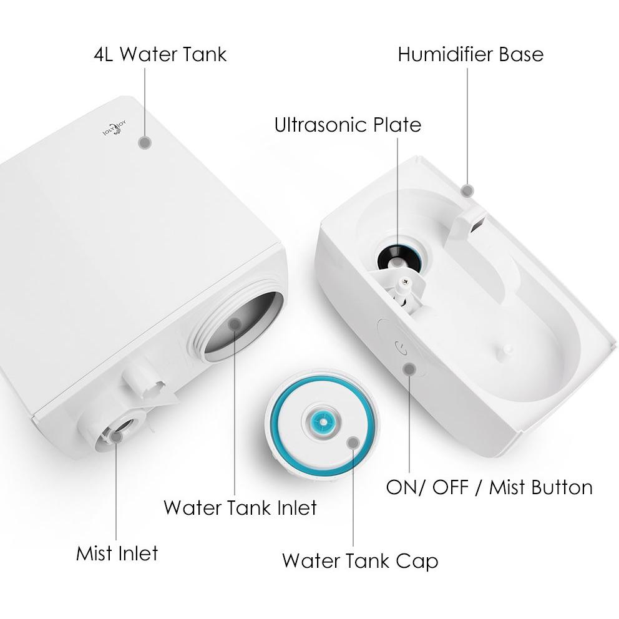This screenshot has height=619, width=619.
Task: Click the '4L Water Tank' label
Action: pyautogui.click(x=160, y=54)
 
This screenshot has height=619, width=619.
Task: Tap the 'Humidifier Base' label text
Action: pyautogui.click(x=470, y=54)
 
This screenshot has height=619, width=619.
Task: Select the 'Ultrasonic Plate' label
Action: pyautogui.click(x=348, y=125)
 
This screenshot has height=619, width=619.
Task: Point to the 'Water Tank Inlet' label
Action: pyautogui.click(x=240, y=508)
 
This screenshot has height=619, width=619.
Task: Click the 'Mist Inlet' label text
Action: pyautogui.click(x=117, y=553)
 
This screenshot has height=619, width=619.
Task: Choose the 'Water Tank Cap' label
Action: pyautogui.click(x=360, y=561)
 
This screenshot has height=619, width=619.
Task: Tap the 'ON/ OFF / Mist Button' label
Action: pyautogui.click(x=489, y=487)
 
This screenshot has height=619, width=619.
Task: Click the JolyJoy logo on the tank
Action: pyautogui.click(x=114, y=129)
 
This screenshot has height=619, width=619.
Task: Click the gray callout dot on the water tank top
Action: pyautogui.click(x=145, y=142)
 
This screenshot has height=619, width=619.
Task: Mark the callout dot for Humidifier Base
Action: pyautogui.click(x=468, y=191)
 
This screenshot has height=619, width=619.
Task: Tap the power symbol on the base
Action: pyautogui.click(x=401, y=348)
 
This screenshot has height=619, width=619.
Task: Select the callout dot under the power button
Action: pyautogui.click(x=410, y=369)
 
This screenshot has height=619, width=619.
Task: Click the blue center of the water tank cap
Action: pyautogui.click(x=323, y=422)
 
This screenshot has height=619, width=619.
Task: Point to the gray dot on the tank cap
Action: pyautogui.click(x=353, y=442)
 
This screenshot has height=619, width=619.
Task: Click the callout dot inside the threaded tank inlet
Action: pyautogui.click(x=235, y=324)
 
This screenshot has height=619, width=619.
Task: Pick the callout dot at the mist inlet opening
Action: pyautogui.click(x=116, y=437)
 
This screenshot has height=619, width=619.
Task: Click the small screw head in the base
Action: pyautogui.click(x=404, y=281)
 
